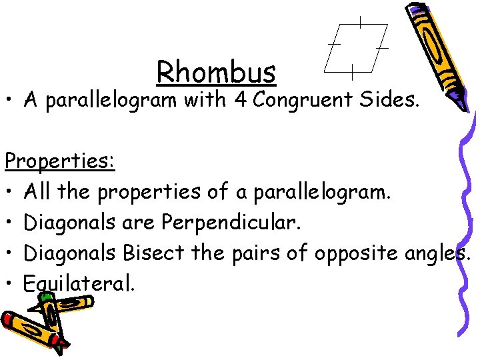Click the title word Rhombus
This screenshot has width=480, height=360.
(216, 72)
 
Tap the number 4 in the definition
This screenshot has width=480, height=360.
(240, 101)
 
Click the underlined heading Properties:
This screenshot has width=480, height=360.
(59, 161)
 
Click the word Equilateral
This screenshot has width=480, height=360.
(78, 284)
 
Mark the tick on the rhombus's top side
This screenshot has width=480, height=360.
(360, 23)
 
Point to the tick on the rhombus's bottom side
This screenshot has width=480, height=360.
(351, 69)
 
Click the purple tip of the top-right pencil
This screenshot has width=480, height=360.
(459, 101)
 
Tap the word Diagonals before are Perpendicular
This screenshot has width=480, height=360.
(71, 223)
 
